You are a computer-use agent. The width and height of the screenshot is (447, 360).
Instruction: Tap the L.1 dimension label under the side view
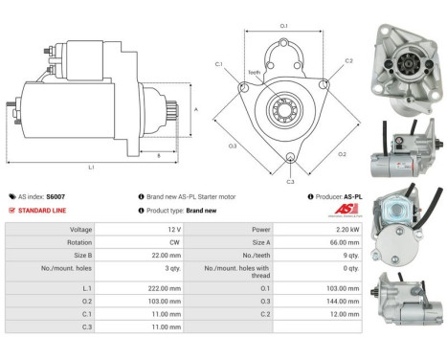[90, 167]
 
